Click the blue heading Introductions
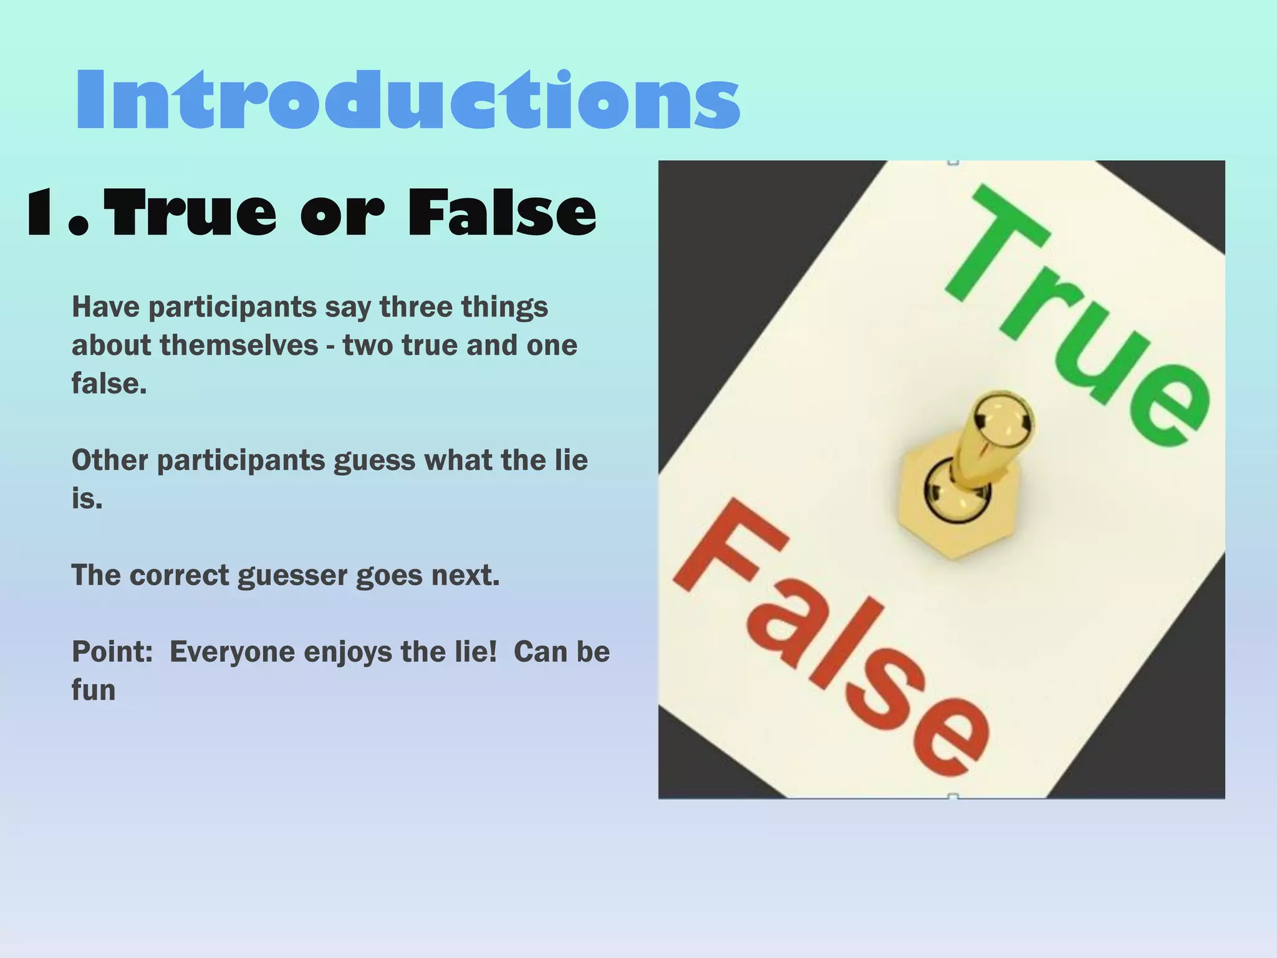point(408,100)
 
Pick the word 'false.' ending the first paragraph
point(109,384)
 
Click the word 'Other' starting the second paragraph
point(110,460)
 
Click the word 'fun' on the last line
point(94,690)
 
